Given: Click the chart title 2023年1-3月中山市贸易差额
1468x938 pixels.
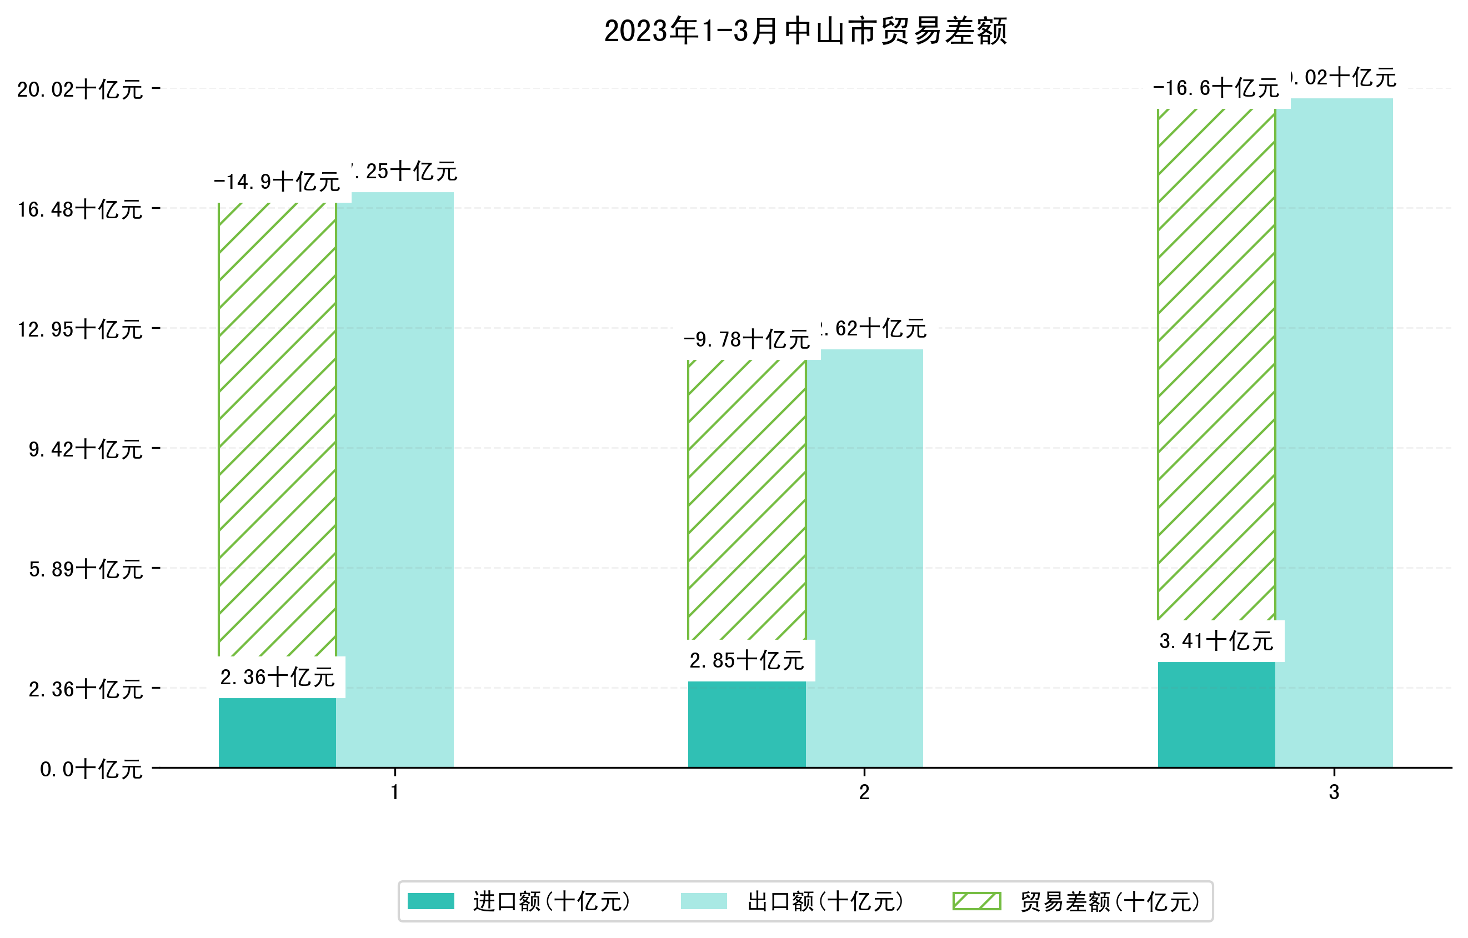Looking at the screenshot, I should coord(805,31).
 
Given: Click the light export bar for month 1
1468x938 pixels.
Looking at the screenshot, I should coord(395,481).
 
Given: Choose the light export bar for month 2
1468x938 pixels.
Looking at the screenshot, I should coord(864,561).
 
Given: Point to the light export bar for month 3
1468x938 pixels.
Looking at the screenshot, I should coord(1334,433).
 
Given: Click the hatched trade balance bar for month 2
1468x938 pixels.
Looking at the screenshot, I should coord(747,500).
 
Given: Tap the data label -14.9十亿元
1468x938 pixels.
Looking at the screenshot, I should coord(277,182).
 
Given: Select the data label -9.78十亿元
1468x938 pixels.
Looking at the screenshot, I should coord(747,339).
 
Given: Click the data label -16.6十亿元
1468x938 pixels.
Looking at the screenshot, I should coord(1216,88).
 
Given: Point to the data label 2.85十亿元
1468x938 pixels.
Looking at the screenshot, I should coord(747,660).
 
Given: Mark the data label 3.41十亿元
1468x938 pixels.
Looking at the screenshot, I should coord(1216,640).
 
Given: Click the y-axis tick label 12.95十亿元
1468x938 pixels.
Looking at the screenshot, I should coord(80,329).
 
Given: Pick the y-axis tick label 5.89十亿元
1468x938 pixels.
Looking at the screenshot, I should coord(86,569).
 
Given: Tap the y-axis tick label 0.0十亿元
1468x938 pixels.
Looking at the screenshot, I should coord(92,769).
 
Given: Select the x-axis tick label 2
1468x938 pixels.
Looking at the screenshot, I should coord(864,792).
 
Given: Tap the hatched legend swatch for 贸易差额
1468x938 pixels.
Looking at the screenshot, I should coord(976,901).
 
